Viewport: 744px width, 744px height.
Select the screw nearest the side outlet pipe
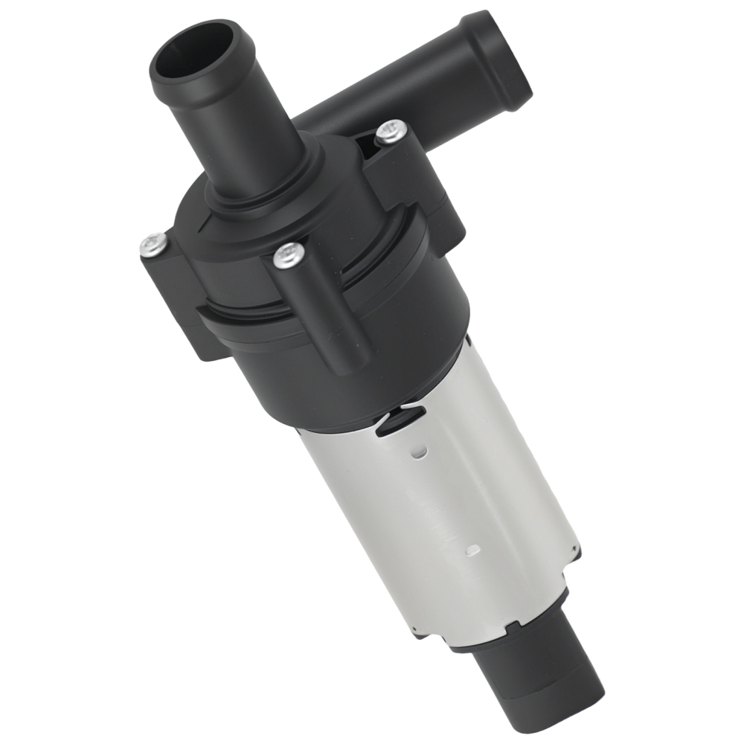point(391,132)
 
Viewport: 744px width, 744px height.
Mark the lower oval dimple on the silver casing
point(469,551)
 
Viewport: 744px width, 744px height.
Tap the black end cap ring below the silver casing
point(506,632)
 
